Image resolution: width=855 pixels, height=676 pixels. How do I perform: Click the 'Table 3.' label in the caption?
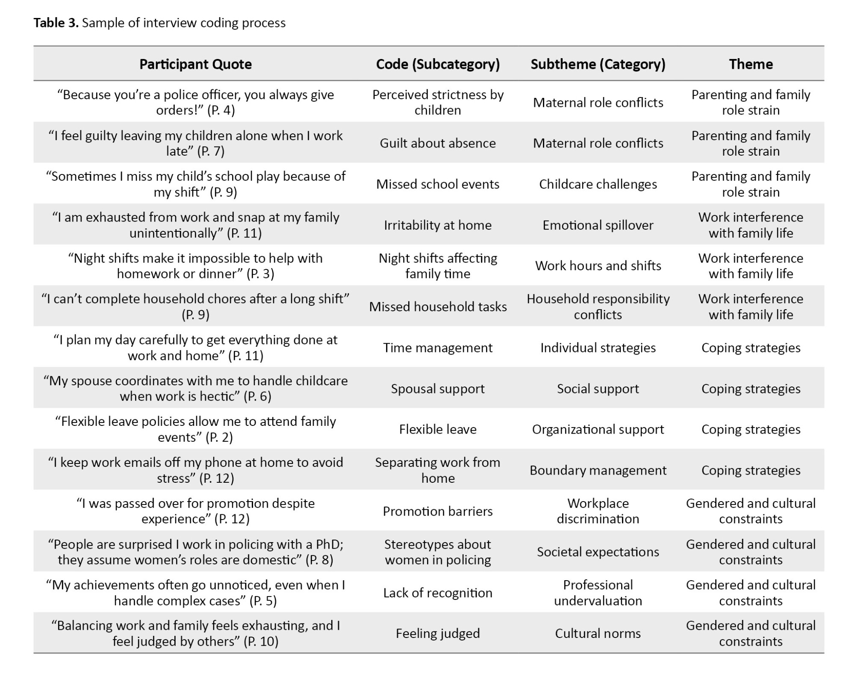pyautogui.click(x=56, y=23)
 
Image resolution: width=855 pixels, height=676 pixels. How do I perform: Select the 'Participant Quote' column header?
pyautogui.click(x=195, y=64)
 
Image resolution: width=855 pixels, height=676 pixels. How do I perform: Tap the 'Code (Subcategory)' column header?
pyautogui.click(x=438, y=64)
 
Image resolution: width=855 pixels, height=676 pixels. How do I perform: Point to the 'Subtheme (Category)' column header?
pyautogui.click(x=598, y=64)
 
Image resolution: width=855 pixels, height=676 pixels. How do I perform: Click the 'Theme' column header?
pyautogui.click(x=751, y=64)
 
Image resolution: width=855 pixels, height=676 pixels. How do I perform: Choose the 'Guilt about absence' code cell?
pyautogui.click(x=438, y=143)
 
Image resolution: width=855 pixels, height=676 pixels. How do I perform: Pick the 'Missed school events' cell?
pyautogui.click(x=438, y=184)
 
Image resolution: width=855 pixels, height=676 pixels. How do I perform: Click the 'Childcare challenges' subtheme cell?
pyautogui.click(x=598, y=184)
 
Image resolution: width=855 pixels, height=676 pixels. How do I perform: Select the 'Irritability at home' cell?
pyautogui.click(x=438, y=225)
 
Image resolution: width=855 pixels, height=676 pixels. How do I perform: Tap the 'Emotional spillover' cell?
pyautogui.click(x=598, y=225)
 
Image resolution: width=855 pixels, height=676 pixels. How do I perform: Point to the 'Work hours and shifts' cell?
pyautogui.click(x=598, y=266)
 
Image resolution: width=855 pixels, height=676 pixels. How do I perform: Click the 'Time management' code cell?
pyautogui.click(x=438, y=348)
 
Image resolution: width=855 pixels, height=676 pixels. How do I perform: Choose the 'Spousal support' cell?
pyautogui.click(x=438, y=388)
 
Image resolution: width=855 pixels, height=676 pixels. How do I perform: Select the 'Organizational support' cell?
pyautogui.click(x=598, y=429)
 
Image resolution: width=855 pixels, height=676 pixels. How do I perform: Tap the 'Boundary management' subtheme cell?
pyautogui.click(x=598, y=470)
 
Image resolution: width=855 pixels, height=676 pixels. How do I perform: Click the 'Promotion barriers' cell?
pyautogui.click(x=438, y=511)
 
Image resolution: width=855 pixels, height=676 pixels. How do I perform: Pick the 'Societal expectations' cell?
pyautogui.click(x=598, y=552)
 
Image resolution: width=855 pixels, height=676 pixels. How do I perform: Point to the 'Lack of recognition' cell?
pyautogui.click(x=438, y=593)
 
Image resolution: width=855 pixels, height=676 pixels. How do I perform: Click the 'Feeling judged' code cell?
pyautogui.click(x=438, y=633)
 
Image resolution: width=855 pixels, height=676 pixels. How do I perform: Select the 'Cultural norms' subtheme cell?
pyautogui.click(x=598, y=633)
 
